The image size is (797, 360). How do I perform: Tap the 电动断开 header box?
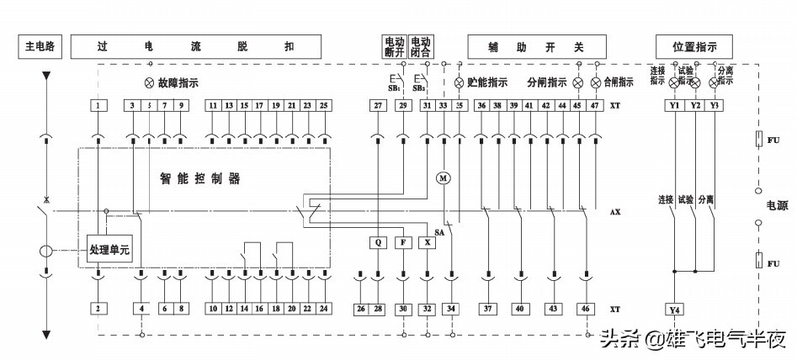click(x=394, y=45)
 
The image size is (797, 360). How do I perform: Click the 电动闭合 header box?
click(x=422, y=45)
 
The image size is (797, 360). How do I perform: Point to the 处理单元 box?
click(x=109, y=251)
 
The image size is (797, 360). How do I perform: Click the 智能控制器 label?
click(x=200, y=179)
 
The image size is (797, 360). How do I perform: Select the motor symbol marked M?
click(x=444, y=177)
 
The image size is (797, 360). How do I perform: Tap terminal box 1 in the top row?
click(x=98, y=105)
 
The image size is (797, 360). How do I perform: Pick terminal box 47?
click(x=595, y=105)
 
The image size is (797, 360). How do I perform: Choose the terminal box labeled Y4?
click(x=673, y=309)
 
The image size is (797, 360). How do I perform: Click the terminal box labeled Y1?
click(x=673, y=105)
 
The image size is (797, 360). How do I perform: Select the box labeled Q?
click(x=379, y=242)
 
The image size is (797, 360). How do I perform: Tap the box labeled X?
click(x=428, y=242)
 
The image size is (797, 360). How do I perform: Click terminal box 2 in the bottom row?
click(x=98, y=309)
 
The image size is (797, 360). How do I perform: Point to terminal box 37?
click(x=488, y=309)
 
